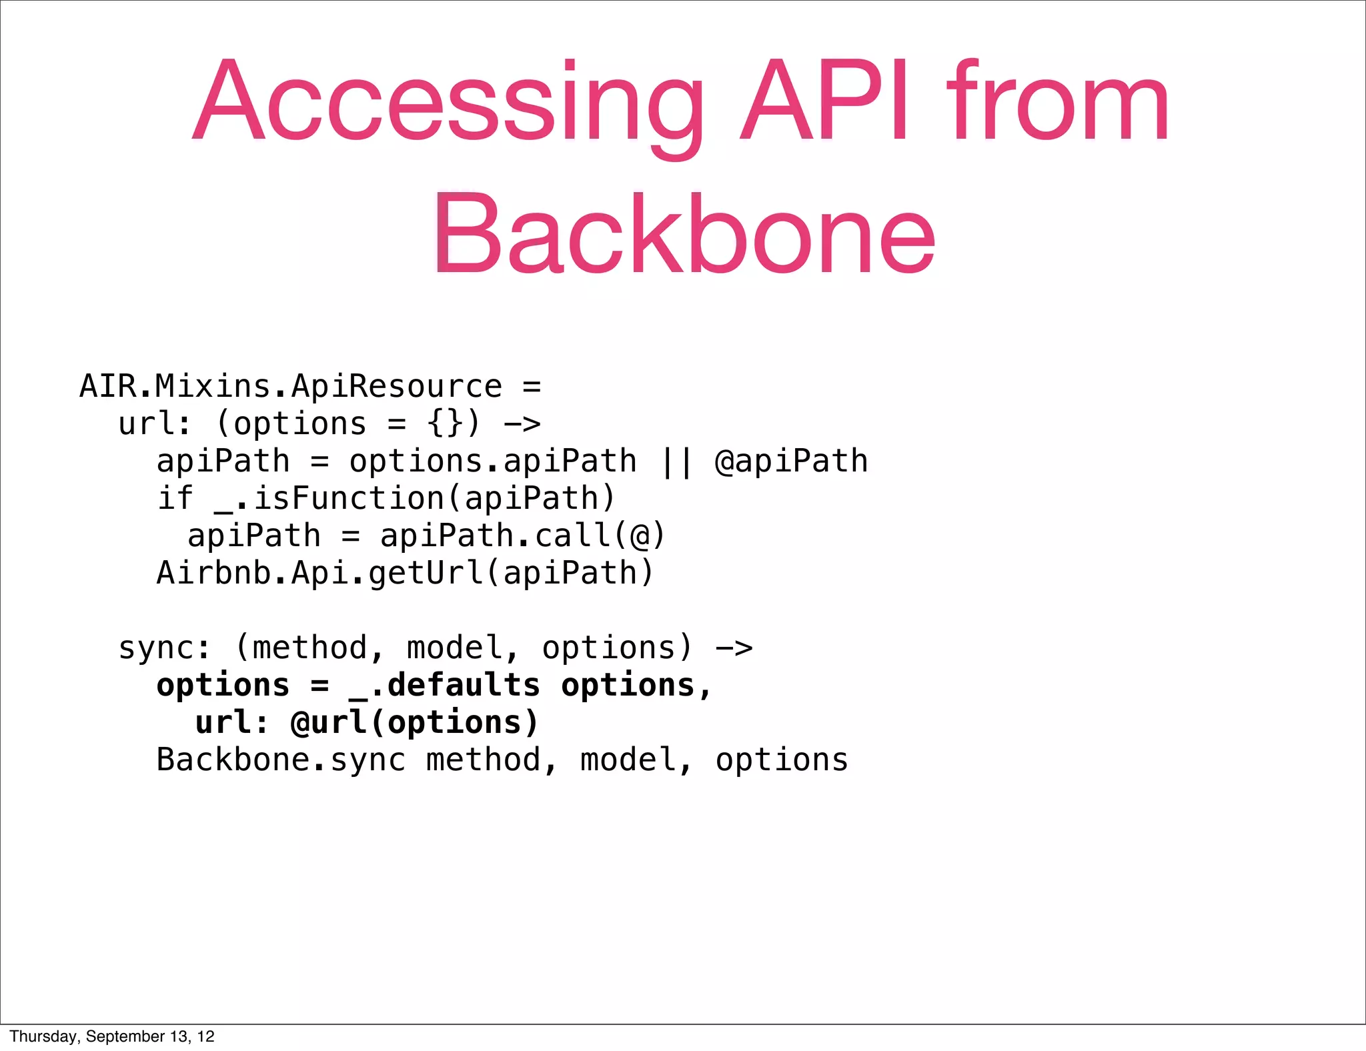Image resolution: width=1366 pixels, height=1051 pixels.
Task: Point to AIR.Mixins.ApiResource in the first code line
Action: point(291,387)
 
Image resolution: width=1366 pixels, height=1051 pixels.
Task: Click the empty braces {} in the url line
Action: point(445,424)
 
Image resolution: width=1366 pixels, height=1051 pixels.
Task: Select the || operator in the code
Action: point(676,461)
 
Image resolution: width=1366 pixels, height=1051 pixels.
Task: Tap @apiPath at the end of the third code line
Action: point(791,461)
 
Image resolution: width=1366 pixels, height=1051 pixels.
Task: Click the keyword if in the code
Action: point(175,499)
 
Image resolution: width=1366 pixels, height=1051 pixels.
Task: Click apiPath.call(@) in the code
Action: point(522,536)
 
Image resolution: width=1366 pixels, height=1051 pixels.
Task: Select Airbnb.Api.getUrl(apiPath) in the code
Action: point(406,574)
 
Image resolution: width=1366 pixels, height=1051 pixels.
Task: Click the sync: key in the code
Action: point(164,648)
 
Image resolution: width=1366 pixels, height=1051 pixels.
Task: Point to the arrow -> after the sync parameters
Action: point(734,648)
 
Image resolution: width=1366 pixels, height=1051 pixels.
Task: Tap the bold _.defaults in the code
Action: point(444,686)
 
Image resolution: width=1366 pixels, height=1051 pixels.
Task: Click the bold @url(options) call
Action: point(415,723)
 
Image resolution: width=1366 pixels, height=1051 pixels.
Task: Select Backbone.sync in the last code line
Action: point(281,760)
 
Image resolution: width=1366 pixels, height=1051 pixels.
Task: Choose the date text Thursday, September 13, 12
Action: point(112,1036)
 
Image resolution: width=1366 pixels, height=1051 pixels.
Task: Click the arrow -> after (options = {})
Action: point(522,424)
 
